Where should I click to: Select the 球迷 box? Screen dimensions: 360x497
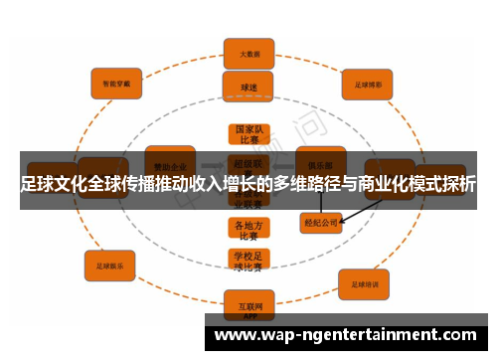click(x=248, y=87)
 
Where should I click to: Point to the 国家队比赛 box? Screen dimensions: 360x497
click(x=248, y=135)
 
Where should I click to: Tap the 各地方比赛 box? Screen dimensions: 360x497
click(x=248, y=230)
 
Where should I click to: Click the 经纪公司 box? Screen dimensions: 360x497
click(x=320, y=224)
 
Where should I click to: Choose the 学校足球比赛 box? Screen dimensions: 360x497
click(x=248, y=262)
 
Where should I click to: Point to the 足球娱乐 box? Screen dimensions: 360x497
click(x=109, y=266)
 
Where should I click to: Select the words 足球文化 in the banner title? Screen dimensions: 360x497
click(x=55, y=185)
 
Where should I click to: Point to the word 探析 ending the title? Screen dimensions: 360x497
click(x=458, y=185)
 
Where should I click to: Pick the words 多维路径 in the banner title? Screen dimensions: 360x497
click(x=299, y=185)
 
